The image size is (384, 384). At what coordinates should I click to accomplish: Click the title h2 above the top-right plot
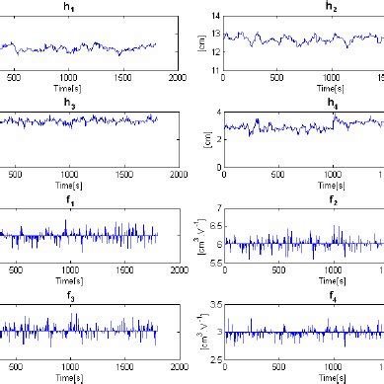[303, 7]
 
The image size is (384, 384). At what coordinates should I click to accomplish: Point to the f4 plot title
[303, 293]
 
